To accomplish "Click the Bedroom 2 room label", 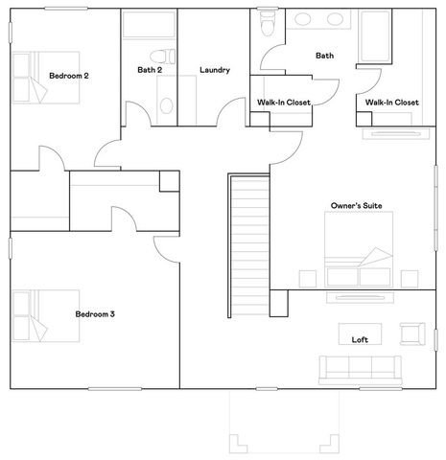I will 69,75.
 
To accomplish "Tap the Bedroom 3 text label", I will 95,313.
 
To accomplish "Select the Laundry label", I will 214,69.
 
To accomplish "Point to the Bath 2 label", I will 151,69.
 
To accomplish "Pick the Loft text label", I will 360,339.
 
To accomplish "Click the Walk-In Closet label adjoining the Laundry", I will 280,102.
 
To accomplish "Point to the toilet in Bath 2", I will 164,52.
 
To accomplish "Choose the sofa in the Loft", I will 360,368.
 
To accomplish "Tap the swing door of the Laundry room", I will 229,114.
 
